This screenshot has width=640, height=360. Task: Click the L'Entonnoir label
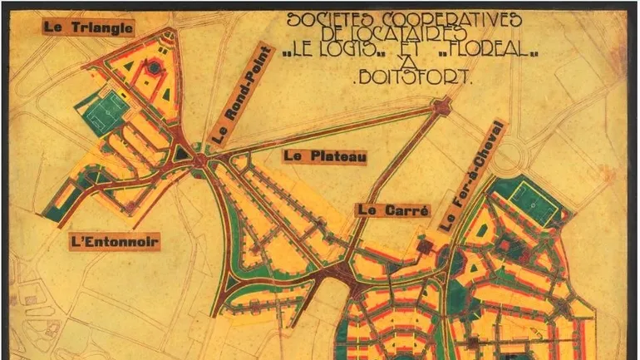114,242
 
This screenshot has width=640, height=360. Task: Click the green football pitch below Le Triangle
101,112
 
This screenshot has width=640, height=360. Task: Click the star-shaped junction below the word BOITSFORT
441,105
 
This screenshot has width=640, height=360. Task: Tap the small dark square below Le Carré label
425,246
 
